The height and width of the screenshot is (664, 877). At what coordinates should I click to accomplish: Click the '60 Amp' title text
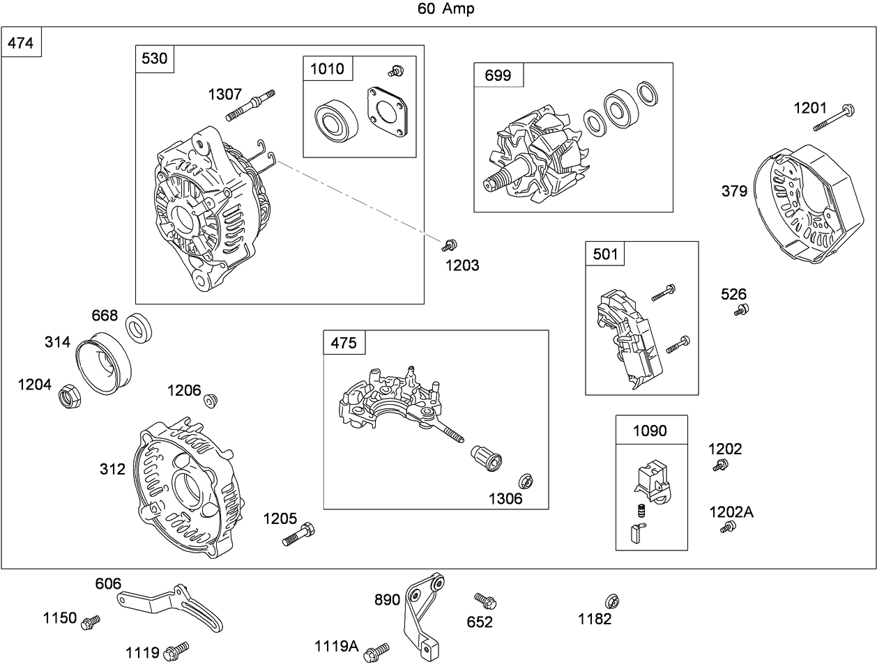[x=446, y=8]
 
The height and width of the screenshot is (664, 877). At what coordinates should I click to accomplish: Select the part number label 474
[x=20, y=43]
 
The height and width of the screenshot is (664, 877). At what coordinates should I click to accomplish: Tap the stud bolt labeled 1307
[x=250, y=105]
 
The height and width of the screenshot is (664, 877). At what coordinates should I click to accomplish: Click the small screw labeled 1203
[x=449, y=245]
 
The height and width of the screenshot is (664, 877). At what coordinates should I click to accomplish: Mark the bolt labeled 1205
[x=299, y=535]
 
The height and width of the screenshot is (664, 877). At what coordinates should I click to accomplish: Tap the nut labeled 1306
[x=526, y=481]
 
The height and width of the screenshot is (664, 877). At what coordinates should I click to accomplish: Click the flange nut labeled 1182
[x=612, y=601]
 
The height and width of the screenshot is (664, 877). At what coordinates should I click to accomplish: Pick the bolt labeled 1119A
[x=376, y=650]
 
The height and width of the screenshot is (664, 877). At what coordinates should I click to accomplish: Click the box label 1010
[x=327, y=68]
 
